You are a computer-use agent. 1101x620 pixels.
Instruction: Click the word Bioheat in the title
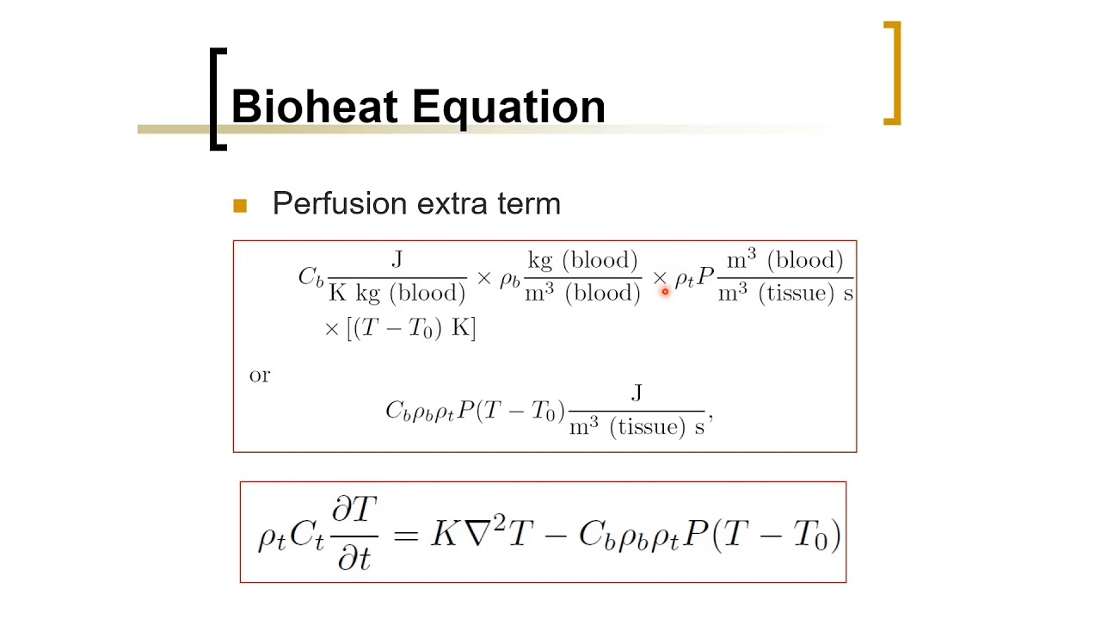point(318,108)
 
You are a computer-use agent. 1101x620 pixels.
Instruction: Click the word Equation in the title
point(509,108)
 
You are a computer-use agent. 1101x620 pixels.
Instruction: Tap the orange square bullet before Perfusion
point(240,206)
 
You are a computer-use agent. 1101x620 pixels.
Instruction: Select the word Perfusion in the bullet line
point(339,204)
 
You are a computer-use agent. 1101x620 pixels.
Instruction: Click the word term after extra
point(529,204)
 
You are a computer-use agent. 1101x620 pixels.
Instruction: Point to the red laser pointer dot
point(665,292)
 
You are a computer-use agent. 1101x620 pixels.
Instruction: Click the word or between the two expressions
point(259,375)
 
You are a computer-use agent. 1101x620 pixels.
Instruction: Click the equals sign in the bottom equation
point(405,535)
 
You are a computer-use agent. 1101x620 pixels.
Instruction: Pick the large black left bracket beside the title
point(217,99)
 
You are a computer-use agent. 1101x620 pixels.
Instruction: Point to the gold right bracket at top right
point(893,73)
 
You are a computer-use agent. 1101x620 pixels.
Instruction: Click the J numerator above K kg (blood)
point(397,259)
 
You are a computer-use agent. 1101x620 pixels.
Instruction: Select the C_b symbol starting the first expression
point(311,277)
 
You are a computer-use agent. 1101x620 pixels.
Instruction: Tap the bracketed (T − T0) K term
point(411,328)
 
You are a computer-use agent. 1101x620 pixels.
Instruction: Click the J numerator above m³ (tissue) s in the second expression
point(637,394)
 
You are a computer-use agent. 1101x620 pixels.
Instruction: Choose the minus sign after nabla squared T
point(556,535)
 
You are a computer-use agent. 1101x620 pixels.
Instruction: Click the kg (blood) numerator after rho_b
point(582,260)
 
